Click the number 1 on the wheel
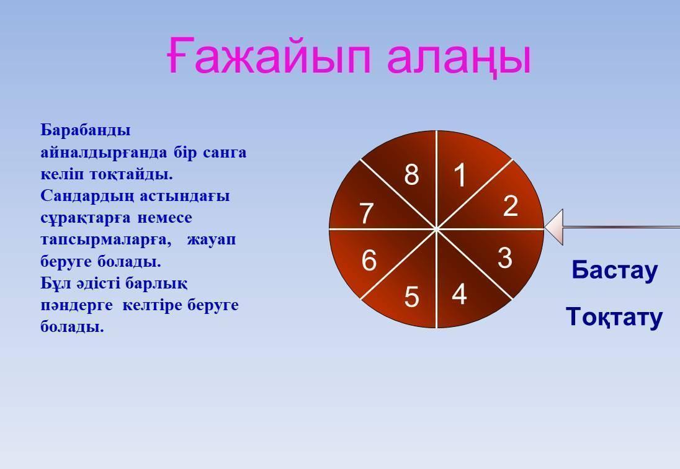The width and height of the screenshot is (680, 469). tap(460, 175)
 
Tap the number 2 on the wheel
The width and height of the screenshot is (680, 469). tap(511, 205)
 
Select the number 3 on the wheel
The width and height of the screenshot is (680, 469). tap(505, 257)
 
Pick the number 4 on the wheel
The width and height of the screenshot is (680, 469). tap(459, 294)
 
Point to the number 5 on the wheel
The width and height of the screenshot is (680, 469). tap(411, 297)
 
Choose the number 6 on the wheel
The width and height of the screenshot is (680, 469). tap(369, 261)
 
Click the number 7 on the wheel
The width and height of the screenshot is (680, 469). tap(367, 213)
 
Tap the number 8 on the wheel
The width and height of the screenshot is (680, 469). tap(411, 175)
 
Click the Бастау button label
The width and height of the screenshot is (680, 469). tap(614, 270)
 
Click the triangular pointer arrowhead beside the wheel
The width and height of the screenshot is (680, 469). tap(554, 227)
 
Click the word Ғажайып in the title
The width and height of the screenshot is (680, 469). tap(269, 55)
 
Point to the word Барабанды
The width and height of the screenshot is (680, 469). tap(86, 130)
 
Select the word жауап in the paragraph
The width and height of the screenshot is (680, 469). tap(211, 239)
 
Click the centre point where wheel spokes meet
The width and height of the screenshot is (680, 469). tap(436, 228)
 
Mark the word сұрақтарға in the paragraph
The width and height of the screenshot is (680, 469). tap(86, 218)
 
